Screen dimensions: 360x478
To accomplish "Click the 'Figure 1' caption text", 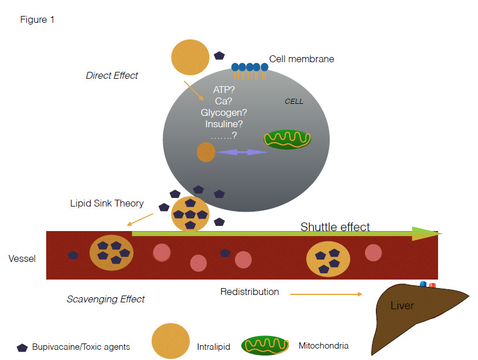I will [37, 19].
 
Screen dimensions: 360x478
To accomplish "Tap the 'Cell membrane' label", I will [302, 59].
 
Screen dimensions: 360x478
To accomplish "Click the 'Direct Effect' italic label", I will [112, 75].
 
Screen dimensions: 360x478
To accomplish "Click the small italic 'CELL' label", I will [294, 102].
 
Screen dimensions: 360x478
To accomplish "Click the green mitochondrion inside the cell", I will [287, 139].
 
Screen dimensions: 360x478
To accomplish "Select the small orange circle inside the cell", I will [206, 152].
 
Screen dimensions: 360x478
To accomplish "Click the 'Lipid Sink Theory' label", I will [107, 203].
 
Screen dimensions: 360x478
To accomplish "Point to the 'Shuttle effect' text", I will [335, 227].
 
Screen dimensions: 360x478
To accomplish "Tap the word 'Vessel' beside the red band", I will [22, 258].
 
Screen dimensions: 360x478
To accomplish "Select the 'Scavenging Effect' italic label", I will [106, 299].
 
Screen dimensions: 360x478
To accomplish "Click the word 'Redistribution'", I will [250, 292].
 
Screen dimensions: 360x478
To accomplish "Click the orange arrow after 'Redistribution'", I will [326, 294].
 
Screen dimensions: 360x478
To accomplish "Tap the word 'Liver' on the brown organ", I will [402, 306].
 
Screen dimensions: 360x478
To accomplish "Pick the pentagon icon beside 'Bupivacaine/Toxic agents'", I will [22, 347].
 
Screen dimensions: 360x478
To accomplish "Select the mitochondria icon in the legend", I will [265, 345].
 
